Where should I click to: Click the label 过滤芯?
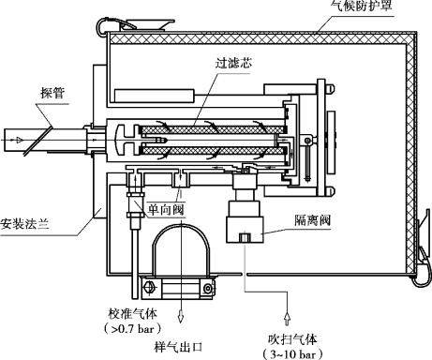(233, 64)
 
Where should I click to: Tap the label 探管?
(52, 93)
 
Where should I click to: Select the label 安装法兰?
(24, 224)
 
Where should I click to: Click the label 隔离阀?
(312, 220)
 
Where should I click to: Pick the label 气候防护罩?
(362, 6)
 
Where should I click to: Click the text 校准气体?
(132, 314)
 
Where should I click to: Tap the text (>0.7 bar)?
(133, 328)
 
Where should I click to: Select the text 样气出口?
(179, 347)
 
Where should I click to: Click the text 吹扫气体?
(292, 339)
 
